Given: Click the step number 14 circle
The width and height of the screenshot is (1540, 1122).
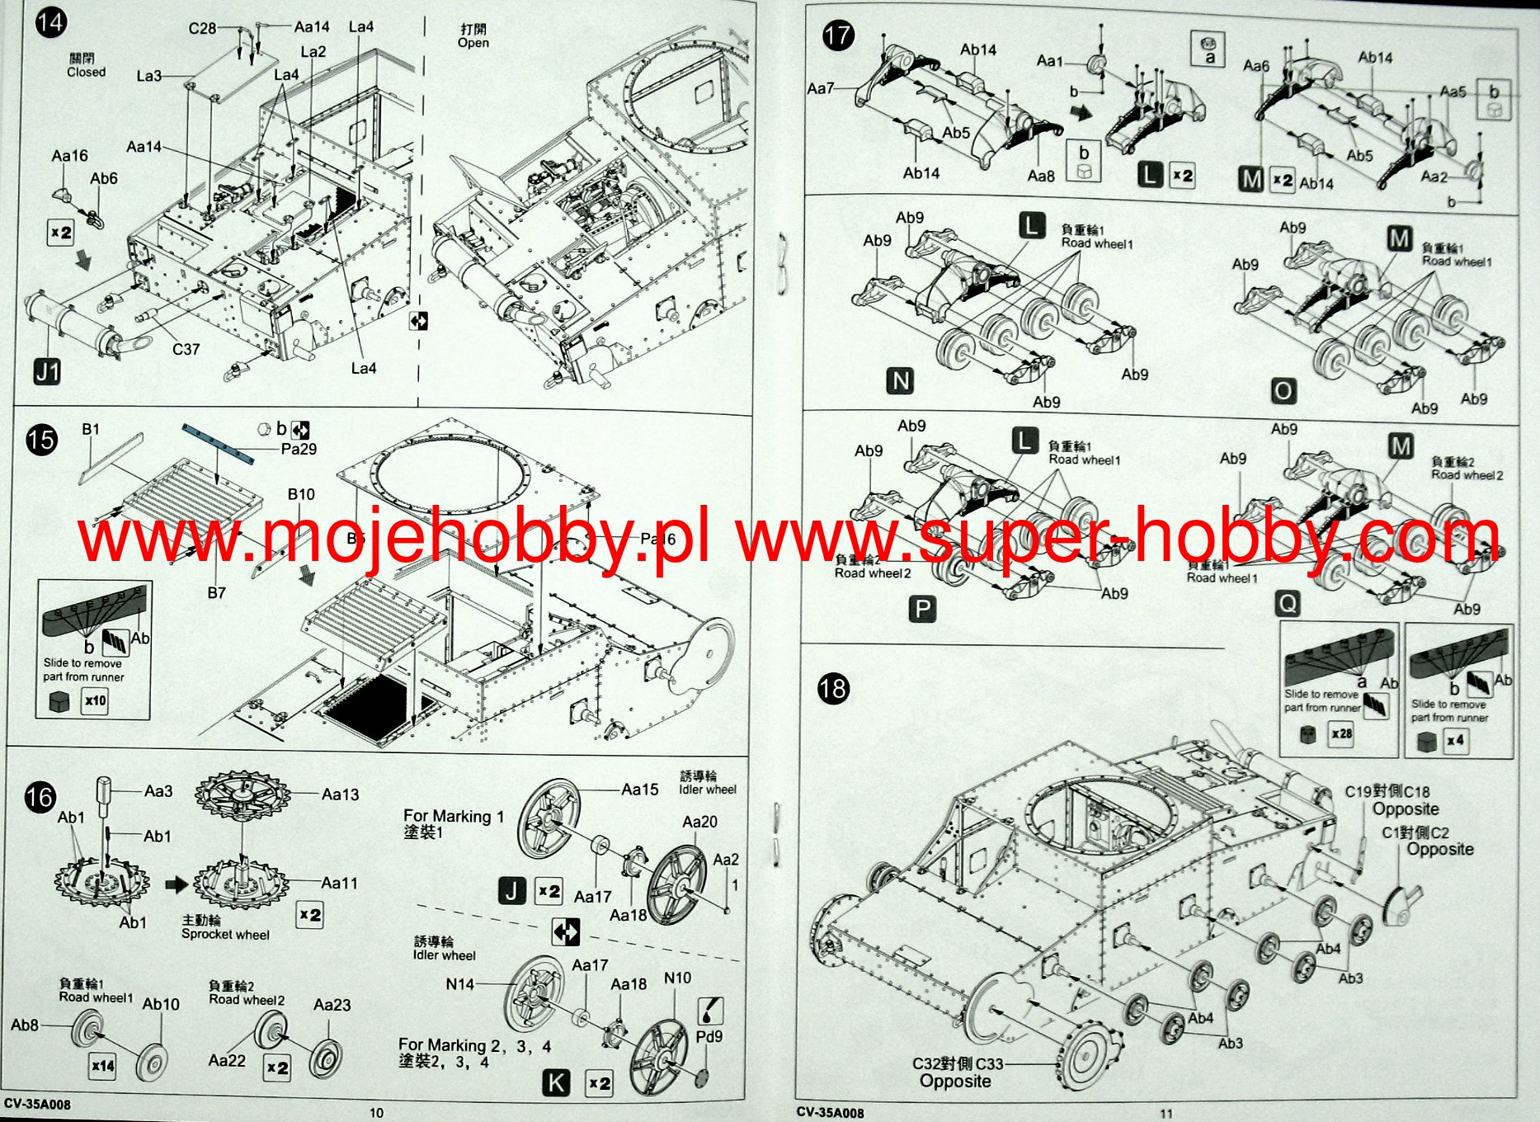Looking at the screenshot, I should click(50, 21).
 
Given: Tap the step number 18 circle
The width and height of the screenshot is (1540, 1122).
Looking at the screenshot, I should click(833, 688).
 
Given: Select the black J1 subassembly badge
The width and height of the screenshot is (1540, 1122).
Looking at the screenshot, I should click(48, 372).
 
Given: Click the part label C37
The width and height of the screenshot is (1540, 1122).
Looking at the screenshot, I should click(186, 349).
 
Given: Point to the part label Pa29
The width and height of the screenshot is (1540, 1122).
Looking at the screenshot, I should click(298, 449).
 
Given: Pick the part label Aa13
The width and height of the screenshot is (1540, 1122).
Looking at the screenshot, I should click(340, 794).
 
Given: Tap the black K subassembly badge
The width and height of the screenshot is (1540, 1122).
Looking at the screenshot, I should click(557, 1083).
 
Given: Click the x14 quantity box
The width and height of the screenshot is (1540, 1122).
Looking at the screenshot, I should click(103, 1065).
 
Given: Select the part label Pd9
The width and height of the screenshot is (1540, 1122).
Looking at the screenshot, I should click(709, 1036).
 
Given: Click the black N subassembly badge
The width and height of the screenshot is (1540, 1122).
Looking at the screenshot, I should click(900, 381).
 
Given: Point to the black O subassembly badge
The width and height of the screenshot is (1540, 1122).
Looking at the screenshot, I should click(1283, 391).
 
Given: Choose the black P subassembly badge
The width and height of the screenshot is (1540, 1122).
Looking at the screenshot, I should click(922, 610).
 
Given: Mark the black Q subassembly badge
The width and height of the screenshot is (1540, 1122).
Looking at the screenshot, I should click(1287, 605).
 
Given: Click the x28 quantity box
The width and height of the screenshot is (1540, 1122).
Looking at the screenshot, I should click(1341, 733).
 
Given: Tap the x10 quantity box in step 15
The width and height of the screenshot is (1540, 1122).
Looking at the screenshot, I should click(96, 701).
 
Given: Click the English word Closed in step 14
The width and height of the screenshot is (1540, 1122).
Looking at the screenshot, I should click(86, 73).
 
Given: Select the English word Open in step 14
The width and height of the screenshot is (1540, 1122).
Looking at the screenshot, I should click(473, 43).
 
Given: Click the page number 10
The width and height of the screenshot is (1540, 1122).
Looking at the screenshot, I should click(376, 1113).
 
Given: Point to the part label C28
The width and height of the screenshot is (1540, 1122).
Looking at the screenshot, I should click(202, 28).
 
